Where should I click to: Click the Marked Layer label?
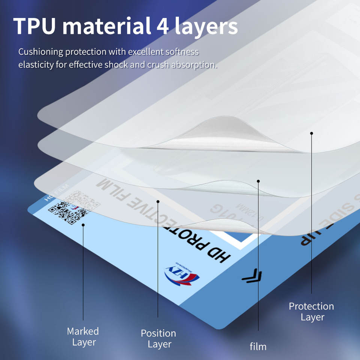click(x=83, y=336)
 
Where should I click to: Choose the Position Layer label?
click(x=158, y=338)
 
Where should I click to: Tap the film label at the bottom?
click(x=258, y=346)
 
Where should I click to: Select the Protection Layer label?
click(x=312, y=311)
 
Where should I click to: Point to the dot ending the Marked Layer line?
click(x=83, y=225)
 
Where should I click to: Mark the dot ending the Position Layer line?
click(x=158, y=202)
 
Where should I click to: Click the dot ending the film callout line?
click(x=258, y=181)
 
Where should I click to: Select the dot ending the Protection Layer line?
click(x=312, y=133)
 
